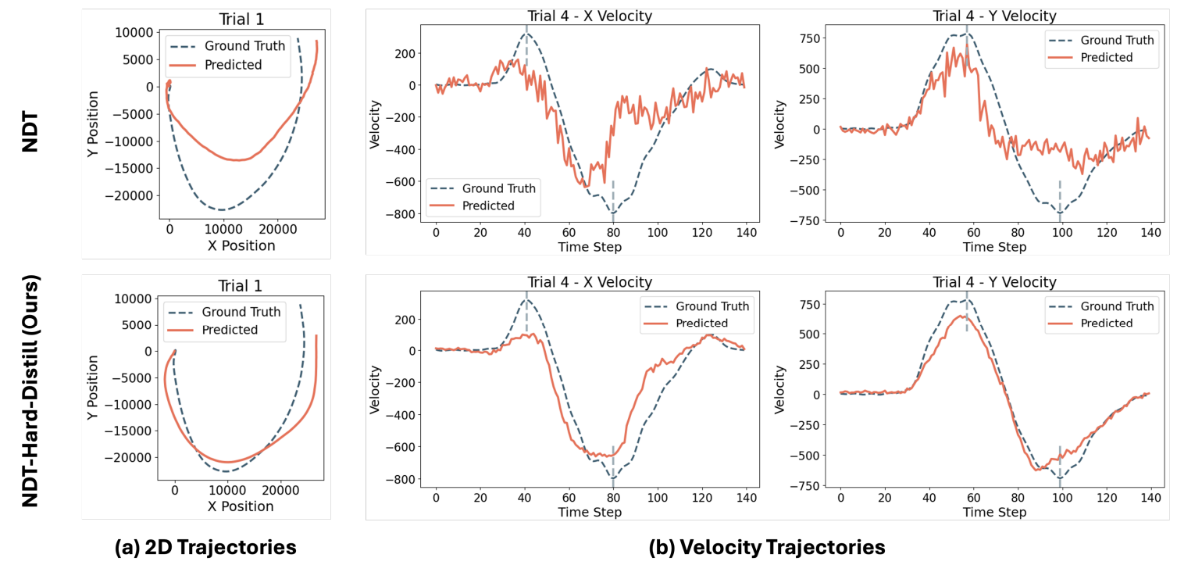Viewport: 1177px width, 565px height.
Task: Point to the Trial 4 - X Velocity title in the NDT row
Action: (x=590, y=16)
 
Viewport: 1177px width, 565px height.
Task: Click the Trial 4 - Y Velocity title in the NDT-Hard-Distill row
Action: (x=994, y=282)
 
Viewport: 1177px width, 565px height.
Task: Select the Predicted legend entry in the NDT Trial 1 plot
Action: (x=233, y=65)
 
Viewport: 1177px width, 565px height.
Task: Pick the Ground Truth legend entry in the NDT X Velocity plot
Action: (x=499, y=188)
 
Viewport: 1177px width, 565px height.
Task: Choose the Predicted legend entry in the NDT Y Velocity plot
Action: (x=1106, y=57)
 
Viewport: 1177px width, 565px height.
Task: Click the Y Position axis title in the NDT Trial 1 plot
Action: (x=95, y=130)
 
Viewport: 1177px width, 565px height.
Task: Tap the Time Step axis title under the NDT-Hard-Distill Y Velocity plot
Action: (x=993, y=512)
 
